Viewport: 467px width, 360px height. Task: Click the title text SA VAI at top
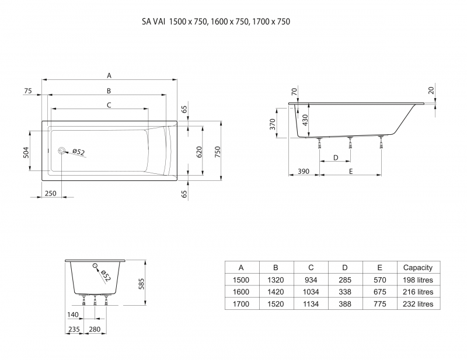pos(154,22)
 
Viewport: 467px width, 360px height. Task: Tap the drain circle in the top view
pos(62,151)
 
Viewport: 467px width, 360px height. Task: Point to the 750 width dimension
pos(217,152)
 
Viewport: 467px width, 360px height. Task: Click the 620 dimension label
pos(198,152)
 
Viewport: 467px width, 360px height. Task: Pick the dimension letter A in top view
pos(109,75)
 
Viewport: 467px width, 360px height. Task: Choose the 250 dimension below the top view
pos(50,193)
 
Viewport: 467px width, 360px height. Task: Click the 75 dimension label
pos(27,90)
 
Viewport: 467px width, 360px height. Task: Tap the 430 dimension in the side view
pos(304,120)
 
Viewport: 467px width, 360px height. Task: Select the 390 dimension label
pos(304,171)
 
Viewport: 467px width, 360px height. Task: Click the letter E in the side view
pos(350,171)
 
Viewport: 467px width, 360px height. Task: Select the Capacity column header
pos(418,267)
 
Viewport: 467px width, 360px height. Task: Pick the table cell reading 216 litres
pos(418,291)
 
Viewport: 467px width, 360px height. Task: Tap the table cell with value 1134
pos(311,303)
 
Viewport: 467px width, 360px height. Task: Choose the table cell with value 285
pos(345,279)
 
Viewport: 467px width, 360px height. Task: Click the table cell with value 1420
pos(276,291)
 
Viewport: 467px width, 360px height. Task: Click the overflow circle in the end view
pos(94,267)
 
